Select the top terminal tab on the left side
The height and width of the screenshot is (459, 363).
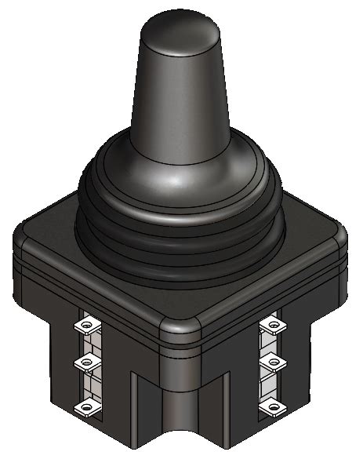(x=85, y=324)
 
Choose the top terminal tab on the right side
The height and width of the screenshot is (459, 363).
(x=271, y=322)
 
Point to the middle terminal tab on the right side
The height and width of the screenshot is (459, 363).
(x=271, y=362)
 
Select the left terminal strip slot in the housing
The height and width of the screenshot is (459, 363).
(x=93, y=365)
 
